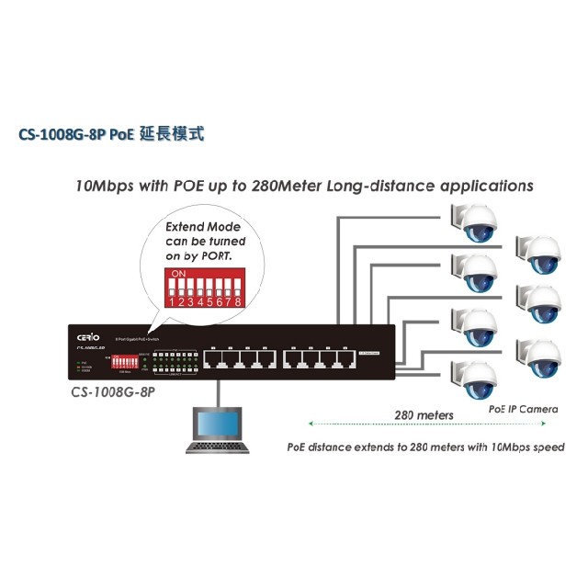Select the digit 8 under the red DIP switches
238,300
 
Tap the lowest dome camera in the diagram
479,378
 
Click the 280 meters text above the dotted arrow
424,414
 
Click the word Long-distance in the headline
367,185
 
